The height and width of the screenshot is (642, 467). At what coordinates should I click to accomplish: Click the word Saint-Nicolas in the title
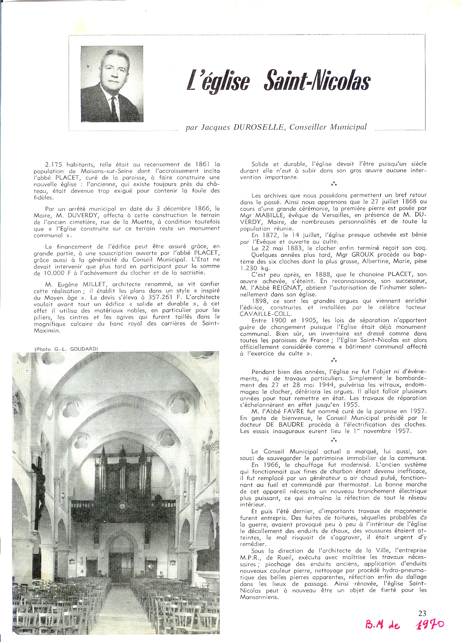coord(317,82)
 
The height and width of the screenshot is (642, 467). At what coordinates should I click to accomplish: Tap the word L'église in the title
coord(218,82)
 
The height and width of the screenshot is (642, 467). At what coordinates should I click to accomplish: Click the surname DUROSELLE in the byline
coord(258,127)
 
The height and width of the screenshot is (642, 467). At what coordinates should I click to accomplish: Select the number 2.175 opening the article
coord(54,164)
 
